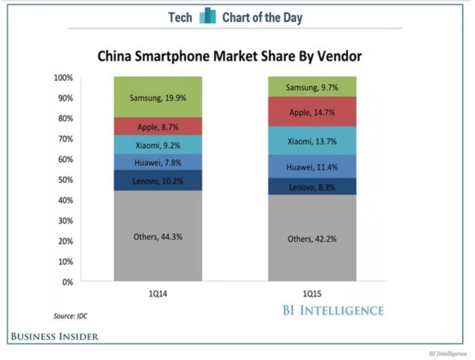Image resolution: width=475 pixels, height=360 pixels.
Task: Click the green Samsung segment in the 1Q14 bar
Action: pos(158,97)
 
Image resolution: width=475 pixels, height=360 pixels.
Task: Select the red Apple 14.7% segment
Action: pos(312,112)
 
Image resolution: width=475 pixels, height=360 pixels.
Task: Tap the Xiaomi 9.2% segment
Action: pos(158,145)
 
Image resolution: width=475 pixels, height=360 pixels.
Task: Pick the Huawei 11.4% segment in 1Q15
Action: pos(312,167)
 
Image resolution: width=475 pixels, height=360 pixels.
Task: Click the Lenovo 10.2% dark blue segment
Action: pos(158,180)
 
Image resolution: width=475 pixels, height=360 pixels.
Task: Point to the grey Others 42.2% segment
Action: pos(312,239)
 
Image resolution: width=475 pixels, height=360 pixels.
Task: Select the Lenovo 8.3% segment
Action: pos(312,186)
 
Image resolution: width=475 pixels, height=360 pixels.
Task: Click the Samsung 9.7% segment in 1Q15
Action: pos(312,87)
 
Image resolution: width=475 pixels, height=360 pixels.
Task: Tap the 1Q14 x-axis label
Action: pos(158,294)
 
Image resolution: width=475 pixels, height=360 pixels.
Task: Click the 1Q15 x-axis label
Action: pos(312,294)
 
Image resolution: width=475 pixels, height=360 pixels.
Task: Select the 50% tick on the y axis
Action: pos(65,180)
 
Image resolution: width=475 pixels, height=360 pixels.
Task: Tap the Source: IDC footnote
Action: pos(70,316)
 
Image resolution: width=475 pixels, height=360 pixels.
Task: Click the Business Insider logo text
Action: pos(55,336)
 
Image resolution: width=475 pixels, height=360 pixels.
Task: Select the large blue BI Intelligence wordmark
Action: pos(332,310)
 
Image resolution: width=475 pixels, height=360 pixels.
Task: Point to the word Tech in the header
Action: pos(180,17)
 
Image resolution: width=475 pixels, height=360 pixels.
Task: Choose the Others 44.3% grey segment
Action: pos(158,236)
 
